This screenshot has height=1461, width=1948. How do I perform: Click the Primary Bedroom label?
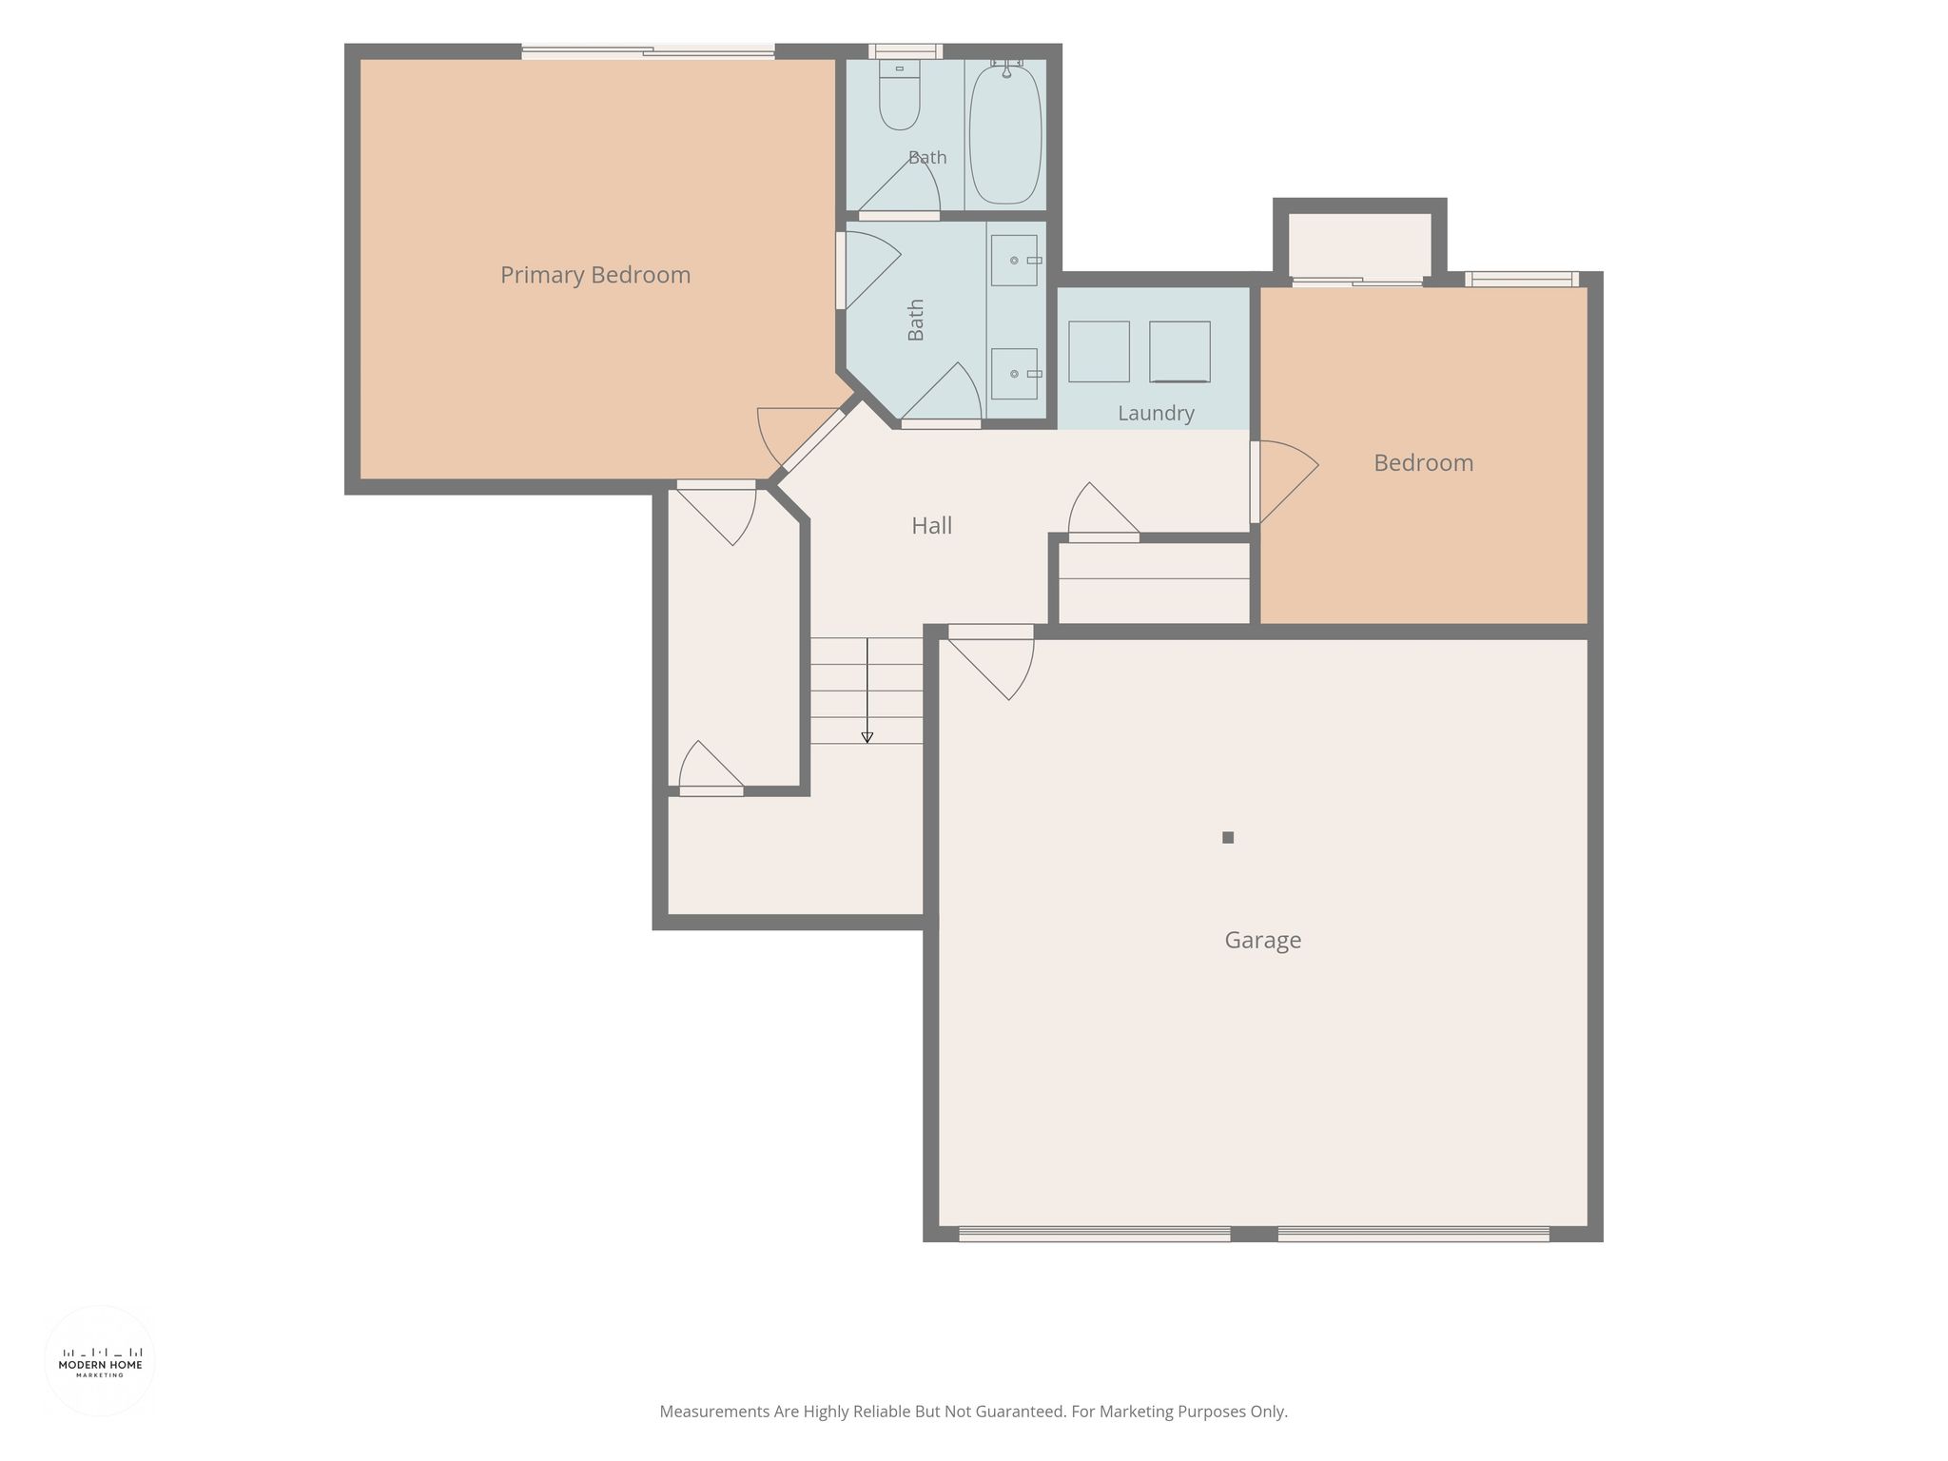[595, 275]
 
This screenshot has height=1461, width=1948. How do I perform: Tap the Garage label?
[1262, 940]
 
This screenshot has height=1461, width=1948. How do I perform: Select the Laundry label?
[1156, 413]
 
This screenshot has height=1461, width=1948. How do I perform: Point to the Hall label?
[931, 525]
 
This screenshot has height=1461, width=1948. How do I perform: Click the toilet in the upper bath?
[899, 94]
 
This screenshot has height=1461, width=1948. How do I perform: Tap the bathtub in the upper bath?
[1005, 132]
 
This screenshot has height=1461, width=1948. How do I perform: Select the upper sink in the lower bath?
[1015, 260]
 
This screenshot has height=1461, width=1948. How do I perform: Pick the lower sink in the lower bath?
[1015, 374]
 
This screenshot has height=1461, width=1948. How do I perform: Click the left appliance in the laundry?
[1099, 351]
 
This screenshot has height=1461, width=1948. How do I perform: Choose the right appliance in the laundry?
[1179, 351]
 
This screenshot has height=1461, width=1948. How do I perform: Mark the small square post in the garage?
[1228, 837]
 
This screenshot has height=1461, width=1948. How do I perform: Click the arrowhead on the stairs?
[867, 737]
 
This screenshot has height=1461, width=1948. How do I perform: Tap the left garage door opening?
[1094, 1234]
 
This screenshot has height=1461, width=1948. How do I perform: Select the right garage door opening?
[1412, 1234]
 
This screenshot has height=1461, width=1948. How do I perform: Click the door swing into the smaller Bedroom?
[1284, 482]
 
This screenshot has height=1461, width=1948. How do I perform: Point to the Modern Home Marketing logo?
[100, 1361]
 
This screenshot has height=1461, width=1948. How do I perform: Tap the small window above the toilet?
[906, 51]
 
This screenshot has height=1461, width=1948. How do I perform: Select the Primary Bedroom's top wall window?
[648, 51]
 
